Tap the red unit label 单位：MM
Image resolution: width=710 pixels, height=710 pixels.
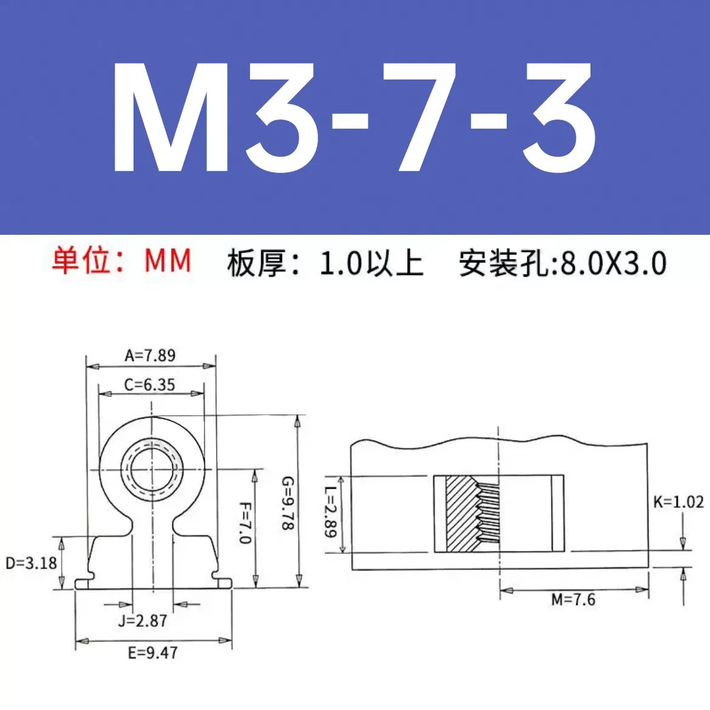(x=121, y=261)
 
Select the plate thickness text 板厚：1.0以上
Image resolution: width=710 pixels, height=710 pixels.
(x=325, y=263)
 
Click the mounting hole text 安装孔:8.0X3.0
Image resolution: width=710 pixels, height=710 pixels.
(x=563, y=263)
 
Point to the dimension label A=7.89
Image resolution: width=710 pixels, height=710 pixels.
(x=150, y=355)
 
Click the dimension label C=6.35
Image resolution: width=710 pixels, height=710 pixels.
(x=149, y=385)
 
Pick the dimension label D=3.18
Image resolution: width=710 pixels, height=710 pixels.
(x=31, y=563)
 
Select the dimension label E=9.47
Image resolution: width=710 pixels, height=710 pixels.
(x=152, y=653)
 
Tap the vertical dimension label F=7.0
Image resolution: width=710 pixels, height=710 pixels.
(x=245, y=522)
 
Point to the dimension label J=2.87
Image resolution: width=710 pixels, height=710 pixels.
(x=143, y=621)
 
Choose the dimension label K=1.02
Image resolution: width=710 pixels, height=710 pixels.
(x=678, y=502)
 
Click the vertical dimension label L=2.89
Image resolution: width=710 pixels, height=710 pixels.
(x=330, y=513)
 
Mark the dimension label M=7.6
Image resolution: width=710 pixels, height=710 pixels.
(x=573, y=600)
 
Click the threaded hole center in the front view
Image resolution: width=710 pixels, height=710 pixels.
(x=152, y=469)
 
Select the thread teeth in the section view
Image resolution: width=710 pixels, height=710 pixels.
(x=489, y=513)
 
